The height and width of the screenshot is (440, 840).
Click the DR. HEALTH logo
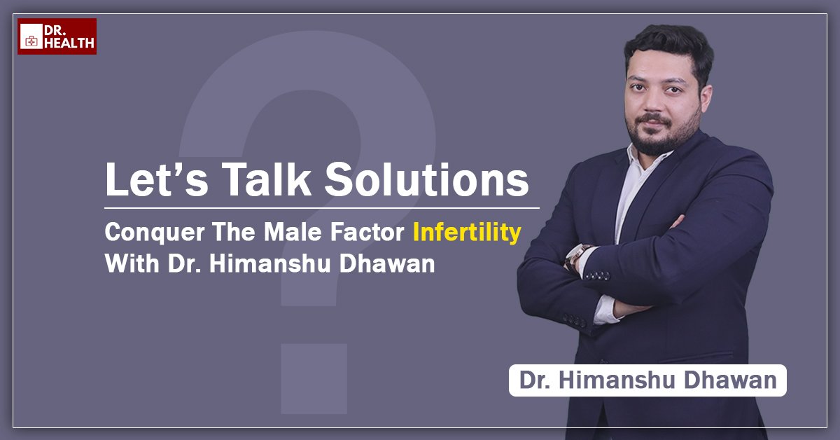tap(57, 36)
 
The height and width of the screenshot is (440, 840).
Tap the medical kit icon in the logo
tap(31, 41)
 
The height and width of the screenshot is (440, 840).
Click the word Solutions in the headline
tap(427, 179)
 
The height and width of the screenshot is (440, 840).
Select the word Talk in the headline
tap(266, 179)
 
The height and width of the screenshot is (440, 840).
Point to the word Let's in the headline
tap(156, 179)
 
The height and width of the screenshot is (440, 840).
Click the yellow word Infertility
tap(467, 233)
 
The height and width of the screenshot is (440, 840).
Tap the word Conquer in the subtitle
tap(155, 233)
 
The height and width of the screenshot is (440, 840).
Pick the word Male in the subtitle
tap(293, 232)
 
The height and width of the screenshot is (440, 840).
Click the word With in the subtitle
tap(132, 263)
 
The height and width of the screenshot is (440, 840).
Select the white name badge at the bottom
tap(647, 380)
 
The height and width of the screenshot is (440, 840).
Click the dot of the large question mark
tap(314, 378)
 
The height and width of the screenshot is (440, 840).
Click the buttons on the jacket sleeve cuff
tap(598, 276)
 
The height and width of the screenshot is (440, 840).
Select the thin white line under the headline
tap(322, 207)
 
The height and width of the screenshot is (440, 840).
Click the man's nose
tap(654, 101)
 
